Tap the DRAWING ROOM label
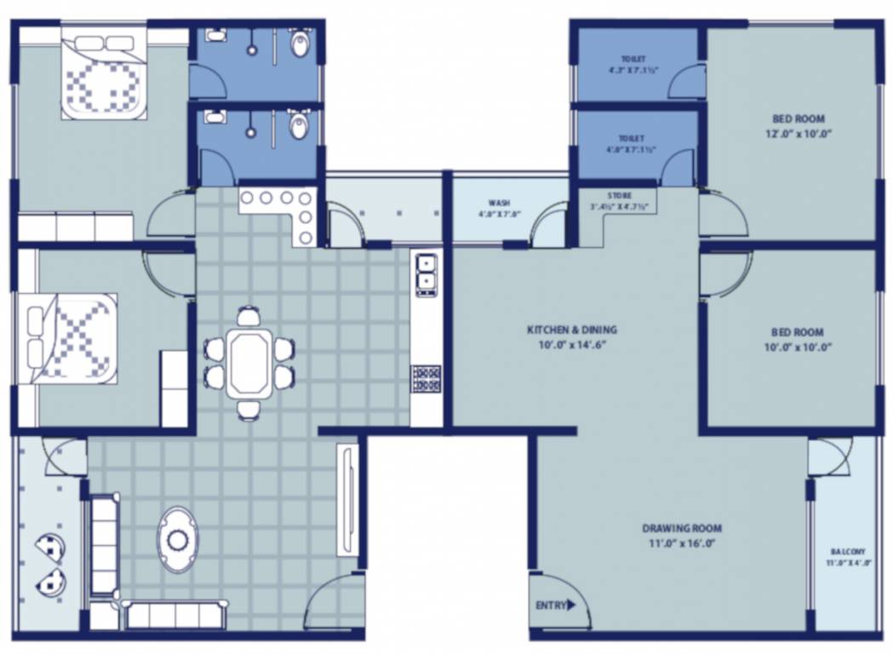click(x=682, y=528)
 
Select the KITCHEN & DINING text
click(x=571, y=330)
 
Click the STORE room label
click(x=619, y=196)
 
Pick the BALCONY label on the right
click(x=847, y=551)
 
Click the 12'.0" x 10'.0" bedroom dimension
click(x=798, y=134)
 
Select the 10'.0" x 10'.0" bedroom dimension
click(x=798, y=347)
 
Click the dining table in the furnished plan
click(x=249, y=363)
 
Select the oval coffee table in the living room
click(x=177, y=539)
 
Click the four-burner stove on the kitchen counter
click(x=426, y=377)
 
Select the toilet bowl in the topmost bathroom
click(x=299, y=43)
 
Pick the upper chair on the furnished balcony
click(x=52, y=547)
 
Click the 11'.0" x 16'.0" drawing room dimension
click(x=682, y=542)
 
